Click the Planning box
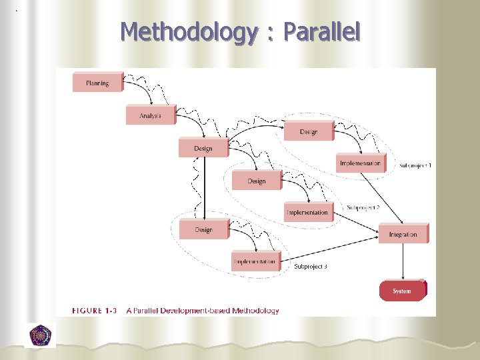(97, 83)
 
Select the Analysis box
(151, 116)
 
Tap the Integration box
(403, 234)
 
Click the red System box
(402, 291)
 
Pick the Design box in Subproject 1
(309, 132)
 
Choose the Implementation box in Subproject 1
(361, 163)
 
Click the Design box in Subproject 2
(257, 181)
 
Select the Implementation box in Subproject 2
(307, 213)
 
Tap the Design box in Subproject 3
(204, 230)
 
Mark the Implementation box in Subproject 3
(255, 261)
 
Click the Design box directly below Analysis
(203, 148)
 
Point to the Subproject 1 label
(415, 165)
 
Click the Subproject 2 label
(363, 208)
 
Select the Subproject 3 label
(311, 267)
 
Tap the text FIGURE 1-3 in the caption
(95, 311)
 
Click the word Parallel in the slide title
(321, 32)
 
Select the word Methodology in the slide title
(188, 32)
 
